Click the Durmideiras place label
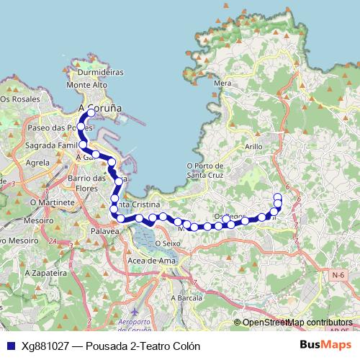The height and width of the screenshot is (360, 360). pos(100,73)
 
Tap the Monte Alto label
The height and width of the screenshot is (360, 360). pos(86,85)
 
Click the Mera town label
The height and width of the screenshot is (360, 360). pos(222,84)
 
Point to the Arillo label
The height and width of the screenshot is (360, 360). pos(253,146)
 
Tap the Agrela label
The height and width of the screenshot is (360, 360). pos(37,163)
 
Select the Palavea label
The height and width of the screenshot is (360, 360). pos(104,231)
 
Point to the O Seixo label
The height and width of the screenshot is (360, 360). pos(167,243)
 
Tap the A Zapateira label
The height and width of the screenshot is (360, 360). pos(41,274)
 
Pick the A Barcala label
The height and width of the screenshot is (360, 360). pos(185,297)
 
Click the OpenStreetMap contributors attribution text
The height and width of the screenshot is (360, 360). pos(297,323)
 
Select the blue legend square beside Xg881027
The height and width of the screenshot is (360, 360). pos(9,345)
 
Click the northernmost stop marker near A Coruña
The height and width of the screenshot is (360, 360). pos(91,113)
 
